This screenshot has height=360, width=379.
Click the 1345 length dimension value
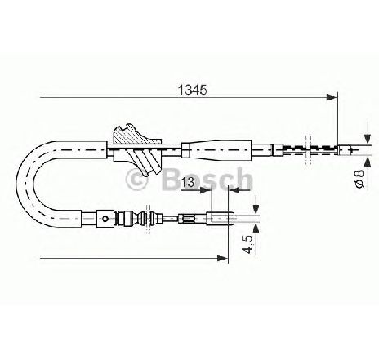[192, 90]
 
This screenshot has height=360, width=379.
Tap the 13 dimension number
[188, 182]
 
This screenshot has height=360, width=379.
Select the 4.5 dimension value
[248, 244]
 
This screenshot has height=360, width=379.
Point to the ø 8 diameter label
[360, 179]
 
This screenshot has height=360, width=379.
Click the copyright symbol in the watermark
[136, 180]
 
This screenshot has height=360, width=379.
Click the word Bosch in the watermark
[207, 179]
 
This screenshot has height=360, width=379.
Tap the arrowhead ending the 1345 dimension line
[332, 97]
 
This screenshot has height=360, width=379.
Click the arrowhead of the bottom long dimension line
[222, 258]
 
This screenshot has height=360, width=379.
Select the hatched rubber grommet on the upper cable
[137, 149]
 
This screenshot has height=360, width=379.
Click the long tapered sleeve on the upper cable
[216, 149]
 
